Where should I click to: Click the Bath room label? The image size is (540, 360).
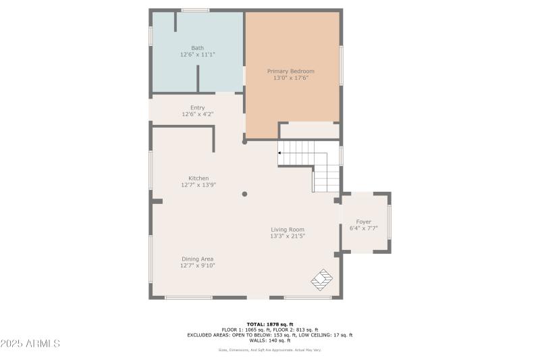(197, 48)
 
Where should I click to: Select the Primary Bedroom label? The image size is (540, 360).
(290, 71)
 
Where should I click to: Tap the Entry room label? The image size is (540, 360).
(197, 108)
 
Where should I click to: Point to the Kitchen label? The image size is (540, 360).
(198, 178)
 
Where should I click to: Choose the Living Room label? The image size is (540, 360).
(288, 230)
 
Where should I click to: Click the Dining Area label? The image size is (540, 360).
(197, 259)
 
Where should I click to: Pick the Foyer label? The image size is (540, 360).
(363, 222)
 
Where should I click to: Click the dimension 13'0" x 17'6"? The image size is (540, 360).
(290, 78)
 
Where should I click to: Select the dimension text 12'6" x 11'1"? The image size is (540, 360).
(197, 55)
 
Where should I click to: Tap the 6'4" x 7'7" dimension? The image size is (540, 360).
(363, 228)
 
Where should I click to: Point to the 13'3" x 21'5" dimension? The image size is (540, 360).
(288, 236)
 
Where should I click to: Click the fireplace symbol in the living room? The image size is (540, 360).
(322, 278)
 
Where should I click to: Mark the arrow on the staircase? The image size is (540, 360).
(281, 153)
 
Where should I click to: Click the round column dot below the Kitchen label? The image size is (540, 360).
(244, 194)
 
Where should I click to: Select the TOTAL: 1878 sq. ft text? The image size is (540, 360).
(269, 324)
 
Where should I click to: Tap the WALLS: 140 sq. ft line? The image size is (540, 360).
(269, 340)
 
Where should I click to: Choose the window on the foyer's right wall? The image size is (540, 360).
(389, 222)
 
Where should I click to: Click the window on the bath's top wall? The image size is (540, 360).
(195, 10)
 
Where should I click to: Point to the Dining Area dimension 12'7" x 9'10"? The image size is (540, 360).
(197, 265)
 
